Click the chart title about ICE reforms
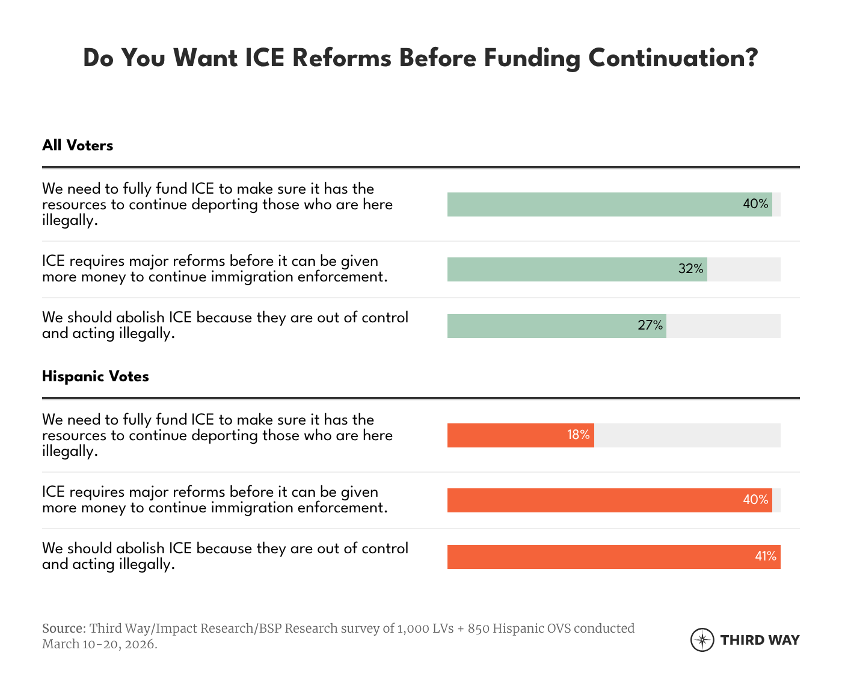click(x=420, y=58)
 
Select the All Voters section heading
click(x=78, y=146)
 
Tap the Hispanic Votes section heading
click(x=96, y=376)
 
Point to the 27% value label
click(x=650, y=326)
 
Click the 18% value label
click(x=579, y=435)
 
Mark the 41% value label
click(x=766, y=557)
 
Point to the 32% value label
click(x=691, y=269)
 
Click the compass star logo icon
click(x=702, y=640)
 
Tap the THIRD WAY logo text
click(x=760, y=640)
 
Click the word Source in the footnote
click(x=63, y=628)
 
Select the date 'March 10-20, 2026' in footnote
click(x=99, y=644)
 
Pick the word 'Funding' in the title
click(x=532, y=58)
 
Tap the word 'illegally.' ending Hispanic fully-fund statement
click(x=70, y=451)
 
